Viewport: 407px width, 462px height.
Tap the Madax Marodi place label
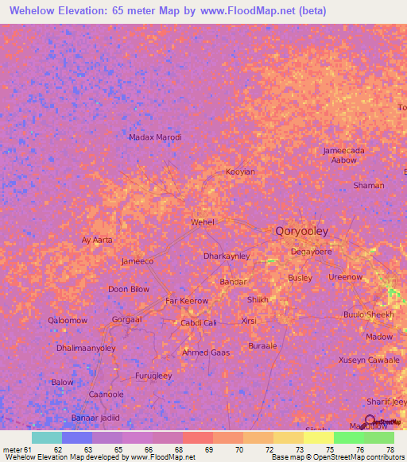(x=155, y=137)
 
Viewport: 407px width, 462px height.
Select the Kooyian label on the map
(x=240, y=171)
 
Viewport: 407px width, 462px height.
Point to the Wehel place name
(x=203, y=222)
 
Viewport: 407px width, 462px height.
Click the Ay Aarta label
(x=97, y=240)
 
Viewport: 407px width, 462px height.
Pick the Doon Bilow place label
(x=129, y=289)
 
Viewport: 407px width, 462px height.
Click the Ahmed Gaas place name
(x=206, y=352)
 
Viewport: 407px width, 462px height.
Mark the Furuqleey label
(x=153, y=375)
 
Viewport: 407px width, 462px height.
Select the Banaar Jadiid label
(x=95, y=418)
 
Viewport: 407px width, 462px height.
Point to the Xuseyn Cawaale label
(x=369, y=360)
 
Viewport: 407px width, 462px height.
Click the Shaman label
(x=368, y=186)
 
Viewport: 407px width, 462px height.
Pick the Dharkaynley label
(x=227, y=256)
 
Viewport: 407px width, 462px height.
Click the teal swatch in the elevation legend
(x=47, y=437)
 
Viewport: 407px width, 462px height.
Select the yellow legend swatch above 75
(x=318, y=437)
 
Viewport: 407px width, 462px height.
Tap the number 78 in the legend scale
(x=390, y=449)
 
